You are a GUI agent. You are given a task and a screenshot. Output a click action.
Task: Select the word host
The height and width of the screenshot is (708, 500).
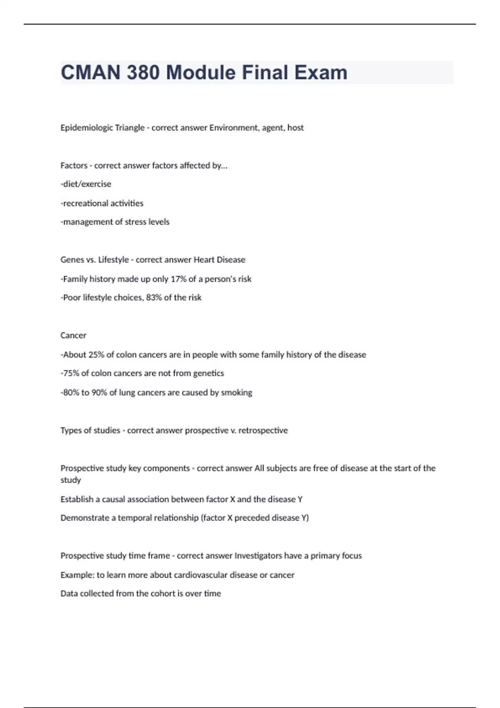(295, 128)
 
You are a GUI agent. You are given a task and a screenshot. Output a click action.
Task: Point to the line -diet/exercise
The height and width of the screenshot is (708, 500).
(86, 184)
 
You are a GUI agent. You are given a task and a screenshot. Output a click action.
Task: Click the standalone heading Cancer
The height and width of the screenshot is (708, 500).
(73, 336)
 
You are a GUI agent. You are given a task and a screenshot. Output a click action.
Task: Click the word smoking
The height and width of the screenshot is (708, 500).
(237, 393)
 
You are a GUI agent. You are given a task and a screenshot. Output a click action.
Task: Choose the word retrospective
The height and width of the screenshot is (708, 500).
(263, 431)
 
